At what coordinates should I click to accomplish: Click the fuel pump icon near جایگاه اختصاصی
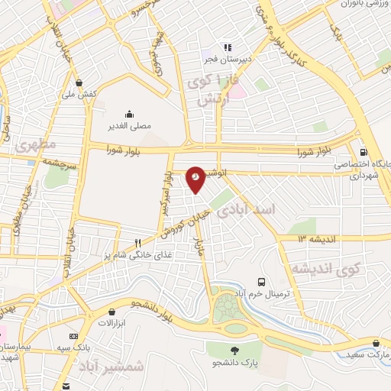tap(363, 151)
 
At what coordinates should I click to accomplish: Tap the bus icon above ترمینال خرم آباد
tap(262, 281)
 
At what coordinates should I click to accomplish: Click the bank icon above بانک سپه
tap(73, 336)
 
